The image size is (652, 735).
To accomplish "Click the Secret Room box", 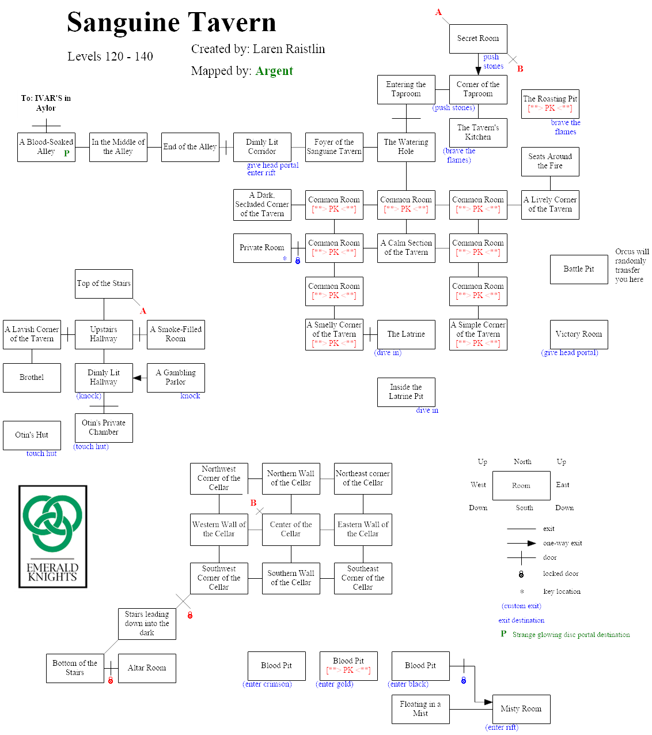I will coord(478,39).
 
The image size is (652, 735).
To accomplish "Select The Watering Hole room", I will coord(406,147).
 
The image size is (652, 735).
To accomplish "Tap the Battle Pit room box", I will coord(579,269).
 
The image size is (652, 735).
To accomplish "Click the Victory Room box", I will coord(579,334).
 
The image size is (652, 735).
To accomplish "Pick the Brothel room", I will coord(32,378).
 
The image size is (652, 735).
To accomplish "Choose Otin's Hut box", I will coord(32,435).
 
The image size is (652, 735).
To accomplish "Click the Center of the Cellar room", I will coord(291,529).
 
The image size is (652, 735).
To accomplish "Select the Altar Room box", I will coord(147,668).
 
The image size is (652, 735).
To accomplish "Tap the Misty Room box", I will coord(521,709).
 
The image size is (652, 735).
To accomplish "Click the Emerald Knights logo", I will coord(53,536).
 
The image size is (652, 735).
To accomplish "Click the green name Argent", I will coord(274,71).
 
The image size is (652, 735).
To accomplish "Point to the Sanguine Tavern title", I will coord(172,22).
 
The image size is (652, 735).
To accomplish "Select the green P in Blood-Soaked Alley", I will coord(67,153).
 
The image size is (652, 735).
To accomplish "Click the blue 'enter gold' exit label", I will coord(335,684).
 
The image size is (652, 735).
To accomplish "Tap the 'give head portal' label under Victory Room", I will coord(570,353).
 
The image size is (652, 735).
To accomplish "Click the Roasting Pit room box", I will coord(550,104).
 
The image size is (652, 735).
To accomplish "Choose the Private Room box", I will coord(262,248).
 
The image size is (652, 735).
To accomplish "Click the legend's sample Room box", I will coord(521,485).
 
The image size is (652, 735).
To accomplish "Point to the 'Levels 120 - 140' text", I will coord(110,56).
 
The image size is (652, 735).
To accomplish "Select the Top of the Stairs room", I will coord(104,284).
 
